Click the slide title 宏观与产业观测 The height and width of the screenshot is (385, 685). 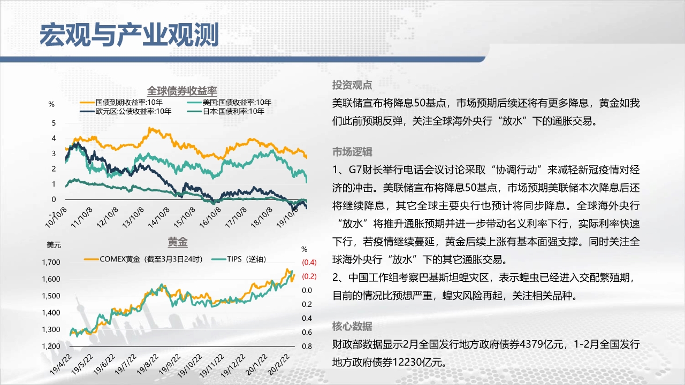(x=130, y=35)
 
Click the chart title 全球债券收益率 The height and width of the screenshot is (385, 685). (x=182, y=91)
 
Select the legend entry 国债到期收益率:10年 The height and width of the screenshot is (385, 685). (x=121, y=102)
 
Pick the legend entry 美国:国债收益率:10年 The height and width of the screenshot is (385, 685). (x=229, y=102)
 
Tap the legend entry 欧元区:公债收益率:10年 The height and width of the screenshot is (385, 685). (x=125, y=111)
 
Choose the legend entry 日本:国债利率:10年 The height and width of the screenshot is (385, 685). (x=225, y=111)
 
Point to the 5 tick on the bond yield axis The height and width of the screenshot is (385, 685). (x=54, y=123)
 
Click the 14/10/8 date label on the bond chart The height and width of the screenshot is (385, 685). (x=159, y=218)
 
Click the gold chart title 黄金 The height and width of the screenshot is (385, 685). (x=178, y=242)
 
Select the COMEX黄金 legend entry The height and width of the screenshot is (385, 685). (x=143, y=259)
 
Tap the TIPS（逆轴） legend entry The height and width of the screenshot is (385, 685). (x=239, y=259)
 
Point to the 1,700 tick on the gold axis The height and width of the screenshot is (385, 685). (x=51, y=262)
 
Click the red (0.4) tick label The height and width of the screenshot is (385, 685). (x=309, y=262)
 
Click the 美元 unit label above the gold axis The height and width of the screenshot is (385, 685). (x=54, y=245)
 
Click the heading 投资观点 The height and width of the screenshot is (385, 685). (x=352, y=85)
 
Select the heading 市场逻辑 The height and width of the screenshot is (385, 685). (x=352, y=151)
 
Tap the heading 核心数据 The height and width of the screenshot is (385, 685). (x=352, y=326)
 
